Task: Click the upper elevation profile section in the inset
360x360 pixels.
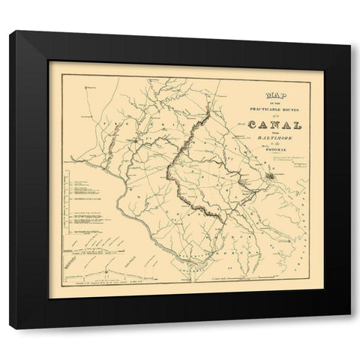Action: (x=97, y=244)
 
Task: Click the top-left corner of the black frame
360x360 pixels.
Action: (x=10, y=31)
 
